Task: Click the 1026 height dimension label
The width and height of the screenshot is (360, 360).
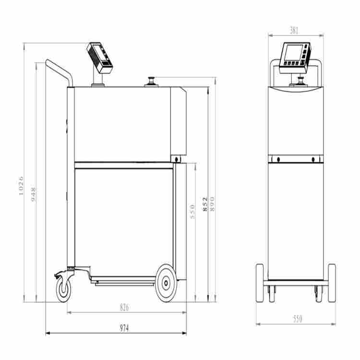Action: pos(21,186)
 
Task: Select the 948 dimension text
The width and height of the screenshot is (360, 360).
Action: pos(33,194)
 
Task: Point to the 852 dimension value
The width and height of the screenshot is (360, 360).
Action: pos(205,204)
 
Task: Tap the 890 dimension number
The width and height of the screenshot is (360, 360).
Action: pos(212,204)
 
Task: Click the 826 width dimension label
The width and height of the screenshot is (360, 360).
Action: pos(124,307)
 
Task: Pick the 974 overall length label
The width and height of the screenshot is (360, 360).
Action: pos(124,328)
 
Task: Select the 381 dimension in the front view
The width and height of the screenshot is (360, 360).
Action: pos(294,30)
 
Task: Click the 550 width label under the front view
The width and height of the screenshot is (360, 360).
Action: pos(298,319)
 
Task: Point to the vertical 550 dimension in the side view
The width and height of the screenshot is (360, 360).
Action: pos(193,212)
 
